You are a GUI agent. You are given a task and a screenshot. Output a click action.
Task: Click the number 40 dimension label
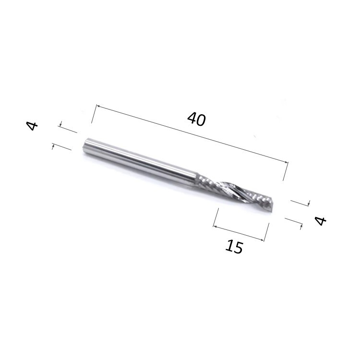(x=196, y=119)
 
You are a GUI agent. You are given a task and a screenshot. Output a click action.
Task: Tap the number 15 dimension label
(x=234, y=246)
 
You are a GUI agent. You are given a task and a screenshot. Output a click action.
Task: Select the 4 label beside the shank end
(x=32, y=126)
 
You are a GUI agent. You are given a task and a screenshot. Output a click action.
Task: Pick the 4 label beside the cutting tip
(x=320, y=221)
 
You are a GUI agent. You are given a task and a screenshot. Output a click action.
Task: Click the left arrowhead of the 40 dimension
(x=97, y=106)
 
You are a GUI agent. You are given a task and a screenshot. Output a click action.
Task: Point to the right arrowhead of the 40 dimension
(x=286, y=162)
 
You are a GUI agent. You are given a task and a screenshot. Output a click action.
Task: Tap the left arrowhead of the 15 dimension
(x=215, y=227)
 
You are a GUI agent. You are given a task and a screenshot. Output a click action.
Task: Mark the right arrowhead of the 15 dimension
(x=263, y=240)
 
